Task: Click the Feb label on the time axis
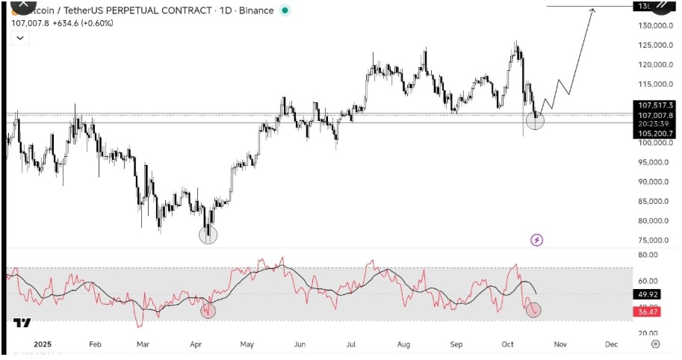coord(95,345)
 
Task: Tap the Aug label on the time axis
coord(403,345)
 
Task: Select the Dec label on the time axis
coord(611,345)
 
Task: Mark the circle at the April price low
coord(208,235)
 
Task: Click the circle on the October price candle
coord(536,119)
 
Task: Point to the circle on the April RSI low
coord(208,311)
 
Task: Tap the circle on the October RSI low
coord(533,309)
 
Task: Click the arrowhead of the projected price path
coord(594,9)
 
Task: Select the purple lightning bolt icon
coord(536,240)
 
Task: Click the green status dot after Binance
coord(284,10)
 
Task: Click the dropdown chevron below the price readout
coord(19,38)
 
